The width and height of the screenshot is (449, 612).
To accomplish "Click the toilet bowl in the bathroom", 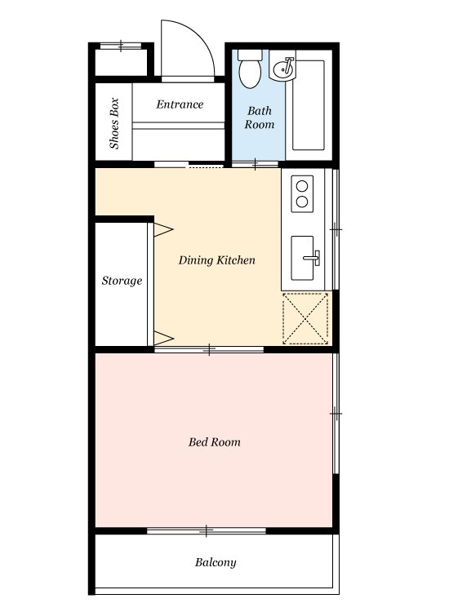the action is click(250, 73).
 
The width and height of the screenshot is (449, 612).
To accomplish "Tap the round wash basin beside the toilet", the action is click(283, 70).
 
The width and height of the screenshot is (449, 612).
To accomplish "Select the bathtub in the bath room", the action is click(309, 105).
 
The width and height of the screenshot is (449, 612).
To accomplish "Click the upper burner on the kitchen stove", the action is click(302, 186).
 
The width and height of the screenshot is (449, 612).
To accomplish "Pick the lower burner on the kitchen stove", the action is click(302, 202).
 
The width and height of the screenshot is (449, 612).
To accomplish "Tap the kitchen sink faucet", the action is click(312, 258).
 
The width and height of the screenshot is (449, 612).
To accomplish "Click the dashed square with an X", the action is click(305, 319).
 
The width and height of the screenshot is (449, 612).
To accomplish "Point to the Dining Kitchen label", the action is click(216, 260).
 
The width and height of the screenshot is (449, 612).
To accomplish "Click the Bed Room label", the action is click(215, 442).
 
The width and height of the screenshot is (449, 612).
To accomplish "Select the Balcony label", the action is click(216, 562).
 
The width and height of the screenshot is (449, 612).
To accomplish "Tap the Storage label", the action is click(122, 281).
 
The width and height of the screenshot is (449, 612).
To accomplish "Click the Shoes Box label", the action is click(114, 123).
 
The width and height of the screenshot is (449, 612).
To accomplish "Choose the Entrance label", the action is click(180, 104).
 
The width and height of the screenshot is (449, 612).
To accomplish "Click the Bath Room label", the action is click(260, 118).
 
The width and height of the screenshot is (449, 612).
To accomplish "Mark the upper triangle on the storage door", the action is click(163, 230).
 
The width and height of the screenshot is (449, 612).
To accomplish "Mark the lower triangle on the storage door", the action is click(163, 338).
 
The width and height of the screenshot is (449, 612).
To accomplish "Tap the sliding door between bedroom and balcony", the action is click(207, 531).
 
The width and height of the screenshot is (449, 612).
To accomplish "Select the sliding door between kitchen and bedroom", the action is click(209, 349).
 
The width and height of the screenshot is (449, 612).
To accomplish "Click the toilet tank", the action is click(250, 55).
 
